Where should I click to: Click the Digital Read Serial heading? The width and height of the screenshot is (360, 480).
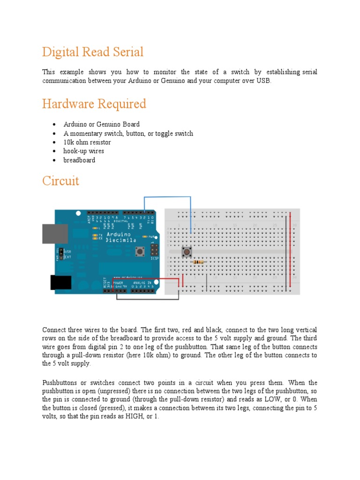coord(93,52)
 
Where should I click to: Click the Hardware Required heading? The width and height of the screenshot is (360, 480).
coord(94,104)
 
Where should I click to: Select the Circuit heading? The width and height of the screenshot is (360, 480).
coord(61,180)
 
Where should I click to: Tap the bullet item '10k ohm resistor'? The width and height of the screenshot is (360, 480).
coord(87,142)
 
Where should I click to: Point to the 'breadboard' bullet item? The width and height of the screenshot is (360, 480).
coord(79,160)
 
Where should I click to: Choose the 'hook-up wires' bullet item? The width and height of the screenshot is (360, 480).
coord(83,151)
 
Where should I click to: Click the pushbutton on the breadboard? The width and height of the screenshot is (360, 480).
coord(187,252)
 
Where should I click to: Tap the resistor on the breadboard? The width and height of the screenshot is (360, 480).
coord(199,262)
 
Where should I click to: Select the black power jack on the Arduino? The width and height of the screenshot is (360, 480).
coord(60,282)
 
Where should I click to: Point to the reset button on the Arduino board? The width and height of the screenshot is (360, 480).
coord(139,252)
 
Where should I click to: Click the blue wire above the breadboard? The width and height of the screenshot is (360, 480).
coord(167,197)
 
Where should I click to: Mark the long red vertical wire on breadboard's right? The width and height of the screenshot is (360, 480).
coord(290,248)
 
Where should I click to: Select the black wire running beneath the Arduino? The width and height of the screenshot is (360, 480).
coord(147,299)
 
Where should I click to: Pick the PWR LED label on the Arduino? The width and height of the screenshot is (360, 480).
coord(151,237)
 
